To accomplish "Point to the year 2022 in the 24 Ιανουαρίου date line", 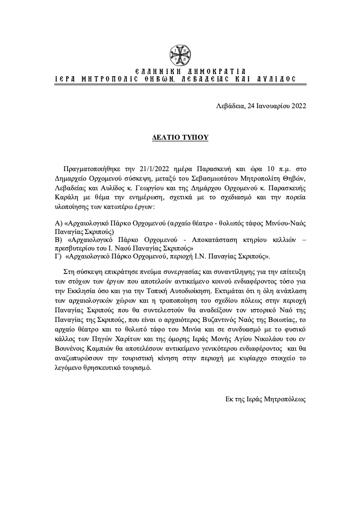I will coord(296,106).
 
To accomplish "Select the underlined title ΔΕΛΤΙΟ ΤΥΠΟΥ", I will coord(180,138).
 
